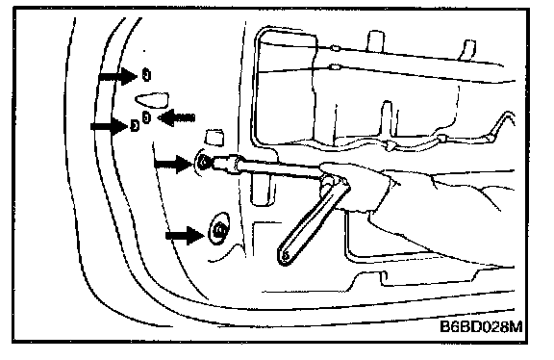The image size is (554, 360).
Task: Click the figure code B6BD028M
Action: pos(481,326)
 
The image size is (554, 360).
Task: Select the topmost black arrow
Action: pos(118,76)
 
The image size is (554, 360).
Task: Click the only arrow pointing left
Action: pos(176,117)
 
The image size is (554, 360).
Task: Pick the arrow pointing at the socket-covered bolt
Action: pos(174,164)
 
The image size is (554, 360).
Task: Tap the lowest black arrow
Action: pos(185,235)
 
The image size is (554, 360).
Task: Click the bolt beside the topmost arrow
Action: pos(146,75)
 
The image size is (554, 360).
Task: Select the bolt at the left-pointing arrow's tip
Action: pos(146,117)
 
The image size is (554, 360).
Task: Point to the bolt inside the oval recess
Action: pos(219,230)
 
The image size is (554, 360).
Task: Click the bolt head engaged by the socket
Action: pos(204,163)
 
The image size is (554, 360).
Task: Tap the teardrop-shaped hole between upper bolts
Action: pos(152,100)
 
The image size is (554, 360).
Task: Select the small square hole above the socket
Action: pos(214,138)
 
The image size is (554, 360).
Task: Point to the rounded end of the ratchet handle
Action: pos(285,256)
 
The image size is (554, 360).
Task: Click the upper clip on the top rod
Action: pos(336,47)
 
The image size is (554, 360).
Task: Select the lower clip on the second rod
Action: pos(336,66)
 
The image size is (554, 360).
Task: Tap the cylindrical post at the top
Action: pos(375,41)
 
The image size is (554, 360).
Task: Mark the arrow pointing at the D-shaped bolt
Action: pos(111,127)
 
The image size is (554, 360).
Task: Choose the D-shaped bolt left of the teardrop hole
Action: pos(135,125)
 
